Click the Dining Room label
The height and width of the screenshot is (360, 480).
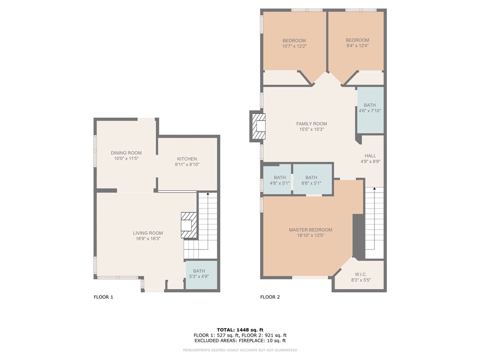(x=126, y=153)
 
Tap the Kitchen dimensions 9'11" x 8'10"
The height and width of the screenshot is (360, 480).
(x=187, y=165)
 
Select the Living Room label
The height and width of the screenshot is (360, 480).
(x=148, y=233)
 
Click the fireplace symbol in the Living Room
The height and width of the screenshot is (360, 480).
(x=188, y=225)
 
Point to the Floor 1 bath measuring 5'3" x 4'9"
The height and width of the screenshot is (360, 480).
(x=202, y=275)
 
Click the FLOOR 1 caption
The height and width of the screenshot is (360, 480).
(x=104, y=297)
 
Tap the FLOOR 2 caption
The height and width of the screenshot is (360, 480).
(x=270, y=297)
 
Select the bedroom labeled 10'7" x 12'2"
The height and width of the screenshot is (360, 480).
(x=294, y=43)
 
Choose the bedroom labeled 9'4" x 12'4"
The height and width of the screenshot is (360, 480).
(x=357, y=43)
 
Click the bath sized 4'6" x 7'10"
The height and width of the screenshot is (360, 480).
(x=370, y=110)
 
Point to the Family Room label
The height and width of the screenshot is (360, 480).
(x=312, y=124)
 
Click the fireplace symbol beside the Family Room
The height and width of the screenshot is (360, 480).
(x=258, y=127)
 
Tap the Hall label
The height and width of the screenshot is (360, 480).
(x=370, y=156)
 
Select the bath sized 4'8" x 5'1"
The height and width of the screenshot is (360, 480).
(x=277, y=179)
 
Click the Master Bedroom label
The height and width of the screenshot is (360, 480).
(x=310, y=230)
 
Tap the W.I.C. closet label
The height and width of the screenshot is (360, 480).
(x=361, y=274)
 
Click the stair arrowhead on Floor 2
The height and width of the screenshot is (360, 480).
(x=375, y=189)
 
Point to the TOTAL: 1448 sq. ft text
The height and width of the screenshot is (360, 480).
(x=240, y=330)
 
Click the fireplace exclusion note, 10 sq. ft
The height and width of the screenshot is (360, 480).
(x=240, y=340)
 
